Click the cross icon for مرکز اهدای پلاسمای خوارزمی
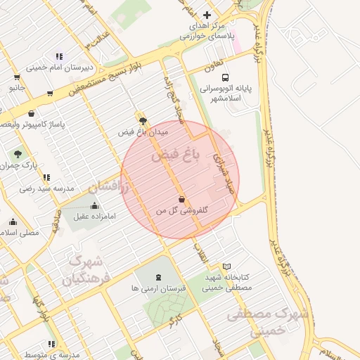207,15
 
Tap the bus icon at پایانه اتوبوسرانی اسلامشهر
225,77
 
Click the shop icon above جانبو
16,77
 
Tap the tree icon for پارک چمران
18,153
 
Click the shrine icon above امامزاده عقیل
95,205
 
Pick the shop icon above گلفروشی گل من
182,199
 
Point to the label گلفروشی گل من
181,210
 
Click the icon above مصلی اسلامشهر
13,221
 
